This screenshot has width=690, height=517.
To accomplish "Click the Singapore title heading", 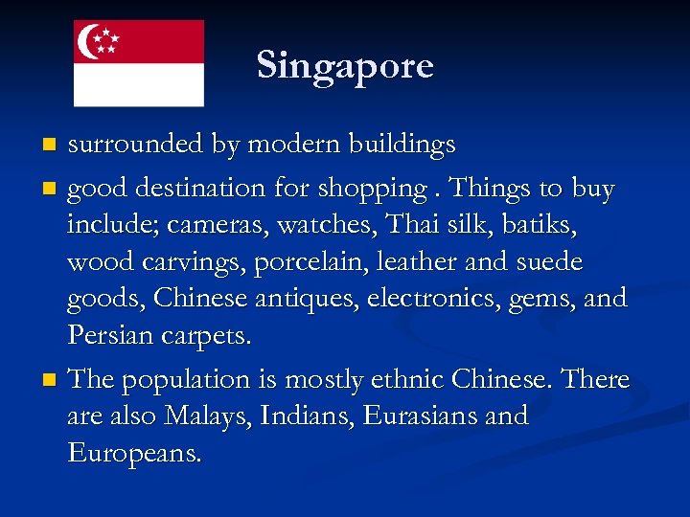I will tap(345, 65).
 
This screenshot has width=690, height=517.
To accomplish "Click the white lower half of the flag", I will tap(139, 84).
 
